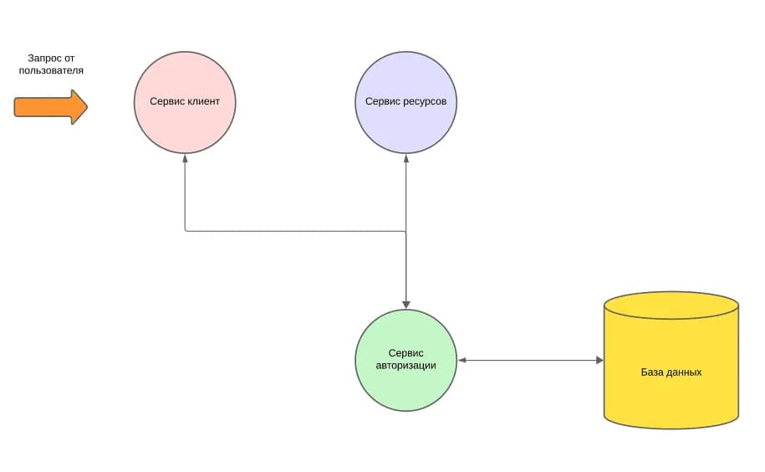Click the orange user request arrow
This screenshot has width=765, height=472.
click(x=51, y=107)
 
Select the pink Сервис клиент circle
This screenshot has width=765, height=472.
click(x=185, y=102)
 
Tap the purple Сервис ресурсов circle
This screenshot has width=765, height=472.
click(x=406, y=102)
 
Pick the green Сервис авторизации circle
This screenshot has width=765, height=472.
click(x=406, y=360)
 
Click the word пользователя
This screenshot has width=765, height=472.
click(x=51, y=70)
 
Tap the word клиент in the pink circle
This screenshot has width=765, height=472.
click(x=203, y=101)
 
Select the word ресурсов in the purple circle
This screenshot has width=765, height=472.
click(x=425, y=101)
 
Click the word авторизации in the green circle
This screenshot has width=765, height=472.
click(x=406, y=366)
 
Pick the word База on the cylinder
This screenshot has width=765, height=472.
click(x=652, y=372)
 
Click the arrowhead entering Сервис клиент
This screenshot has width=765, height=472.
click(x=185, y=159)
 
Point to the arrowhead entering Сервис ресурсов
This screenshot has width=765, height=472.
click(x=406, y=159)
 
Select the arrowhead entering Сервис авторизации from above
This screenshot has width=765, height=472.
click(x=406, y=305)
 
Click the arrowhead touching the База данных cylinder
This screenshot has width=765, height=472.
click(x=599, y=360)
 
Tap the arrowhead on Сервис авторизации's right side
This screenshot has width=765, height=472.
click(x=462, y=360)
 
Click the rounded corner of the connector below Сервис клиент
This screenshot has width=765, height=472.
click(x=186, y=230)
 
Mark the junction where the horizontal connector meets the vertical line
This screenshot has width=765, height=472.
click(x=406, y=231)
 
